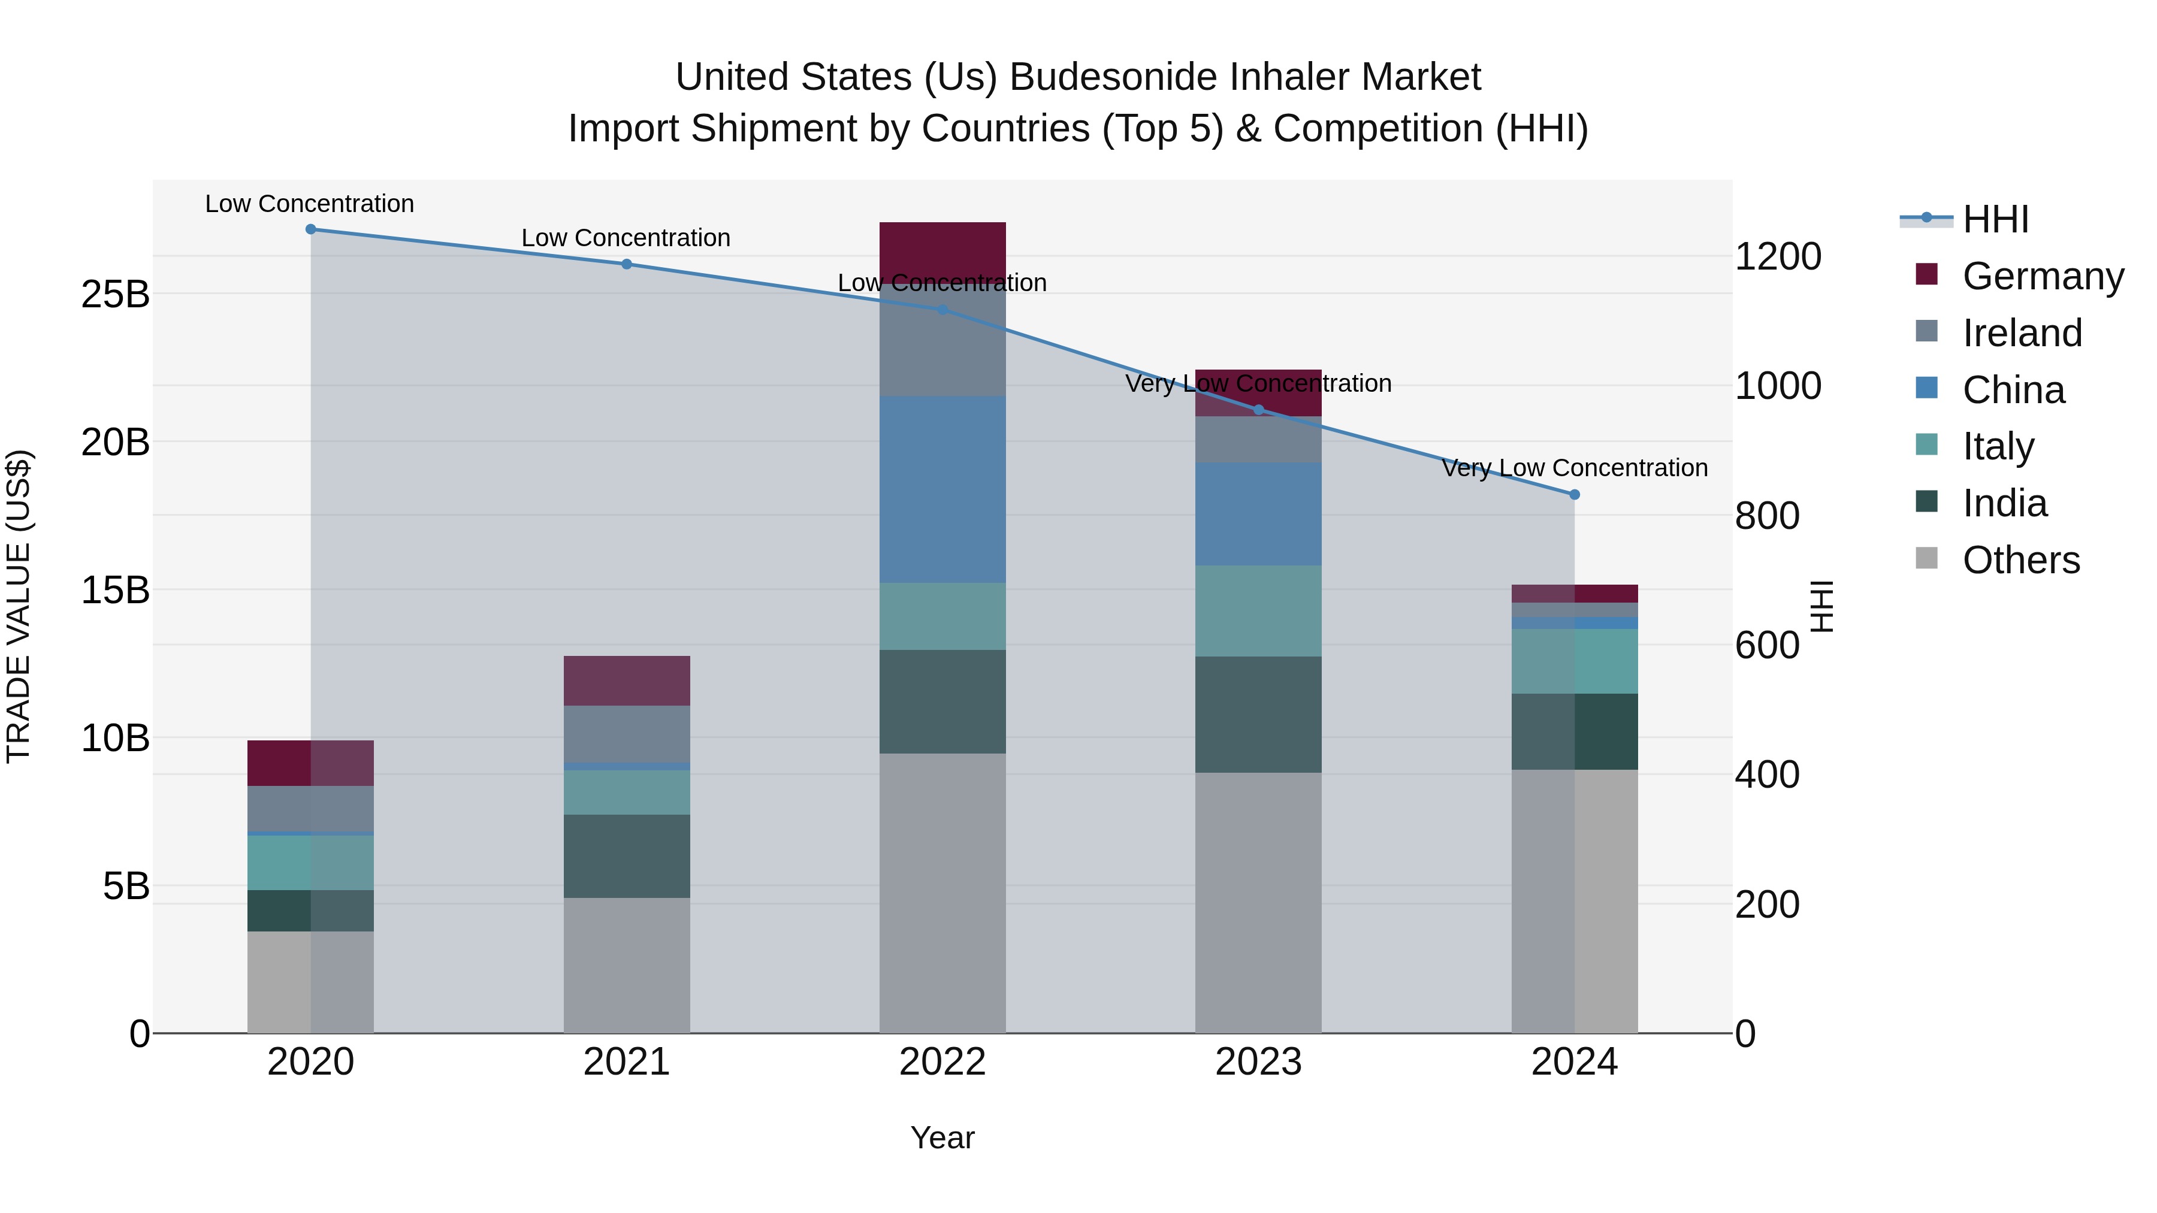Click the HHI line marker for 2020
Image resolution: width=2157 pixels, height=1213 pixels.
coord(310,229)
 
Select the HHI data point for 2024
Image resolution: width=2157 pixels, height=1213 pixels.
coord(1574,495)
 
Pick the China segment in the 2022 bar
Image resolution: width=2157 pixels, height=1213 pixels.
coord(942,490)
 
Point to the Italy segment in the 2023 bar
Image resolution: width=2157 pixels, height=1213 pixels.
coord(1258,610)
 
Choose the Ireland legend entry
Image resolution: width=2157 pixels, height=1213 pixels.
coord(2020,333)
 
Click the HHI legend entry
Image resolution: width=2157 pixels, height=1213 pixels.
coord(1995,219)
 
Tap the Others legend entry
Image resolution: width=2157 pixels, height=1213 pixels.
coord(2020,560)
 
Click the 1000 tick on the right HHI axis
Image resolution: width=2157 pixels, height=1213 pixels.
coord(1778,386)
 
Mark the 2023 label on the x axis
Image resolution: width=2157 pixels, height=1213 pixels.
coord(1258,1062)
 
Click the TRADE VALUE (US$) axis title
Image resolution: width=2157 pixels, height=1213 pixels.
coord(19,606)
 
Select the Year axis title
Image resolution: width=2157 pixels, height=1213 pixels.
coord(942,1138)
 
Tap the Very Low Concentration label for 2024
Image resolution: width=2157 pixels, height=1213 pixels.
coord(1574,467)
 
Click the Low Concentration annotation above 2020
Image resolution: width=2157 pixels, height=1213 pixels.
coord(309,204)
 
